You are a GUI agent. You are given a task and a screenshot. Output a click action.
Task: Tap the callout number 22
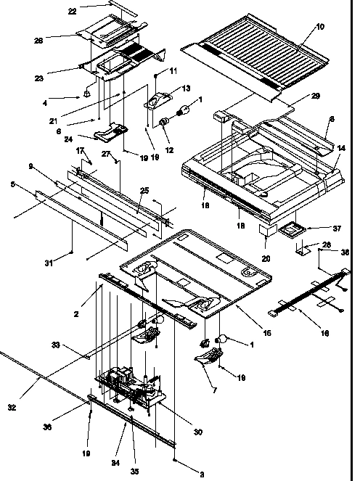tap(92, 11)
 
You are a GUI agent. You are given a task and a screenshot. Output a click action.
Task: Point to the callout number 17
tap(81, 150)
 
